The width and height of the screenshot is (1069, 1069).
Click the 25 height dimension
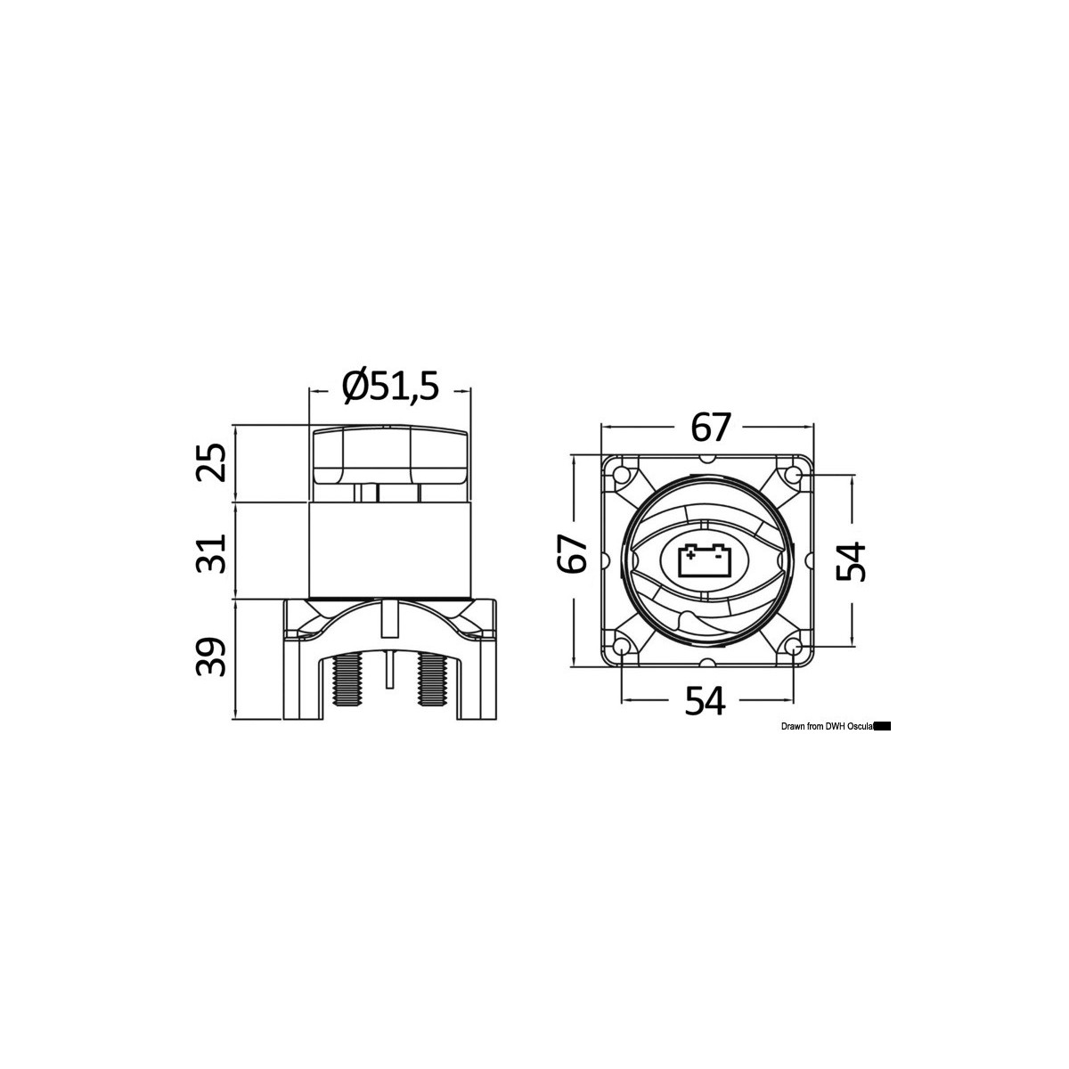(212, 463)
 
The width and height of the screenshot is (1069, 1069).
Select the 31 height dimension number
(212, 552)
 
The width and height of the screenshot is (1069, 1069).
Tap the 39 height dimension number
(212, 657)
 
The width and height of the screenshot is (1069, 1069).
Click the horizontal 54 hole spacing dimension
(706, 701)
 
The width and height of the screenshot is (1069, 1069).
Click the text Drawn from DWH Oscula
(826, 727)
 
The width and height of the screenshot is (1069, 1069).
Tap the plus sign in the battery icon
(690, 555)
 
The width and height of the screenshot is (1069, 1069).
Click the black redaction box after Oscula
(883, 727)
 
